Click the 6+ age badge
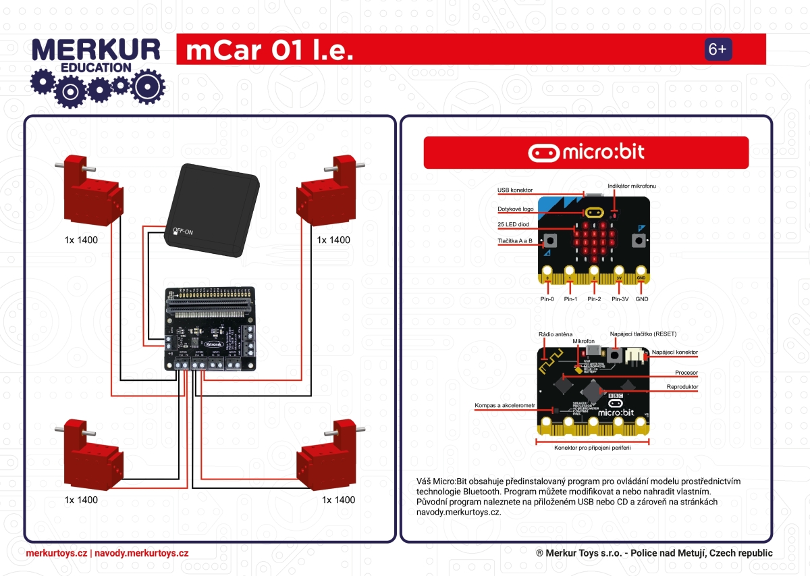pos(718,49)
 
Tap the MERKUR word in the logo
pos(96,50)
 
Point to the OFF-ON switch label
pos(182,232)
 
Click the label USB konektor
pos(515,190)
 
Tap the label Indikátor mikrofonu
pos(632,185)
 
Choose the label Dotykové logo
pos(516,209)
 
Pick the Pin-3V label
pos(620,298)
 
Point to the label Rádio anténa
pos(556,334)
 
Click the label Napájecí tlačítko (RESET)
pos(643,334)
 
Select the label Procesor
pos(686,372)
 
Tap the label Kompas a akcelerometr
pos(505,405)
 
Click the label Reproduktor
pos(682,387)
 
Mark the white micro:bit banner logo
pos(586,152)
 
